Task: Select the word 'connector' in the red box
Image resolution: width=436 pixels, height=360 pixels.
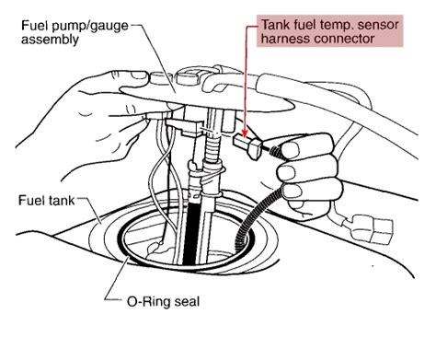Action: point(343,41)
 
